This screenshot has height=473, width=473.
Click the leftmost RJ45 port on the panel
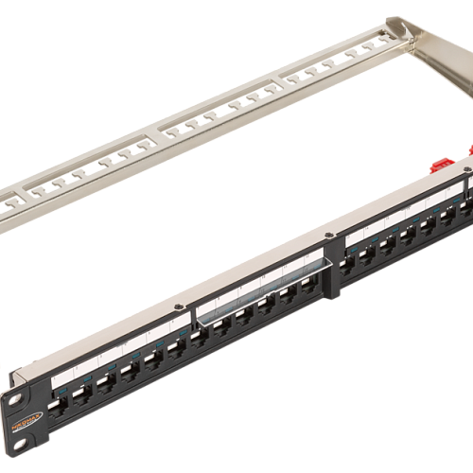pyautogui.click(x=63, y=409)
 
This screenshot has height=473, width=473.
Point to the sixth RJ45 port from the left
pyautogui.click(x=175, y=351)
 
